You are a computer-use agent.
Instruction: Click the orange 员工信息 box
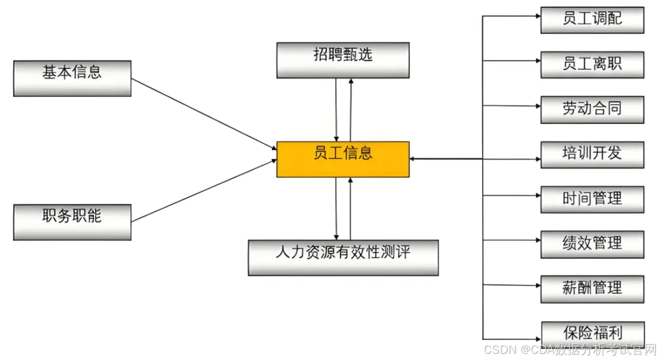(343, 159)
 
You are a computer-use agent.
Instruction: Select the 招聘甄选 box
(343, 60)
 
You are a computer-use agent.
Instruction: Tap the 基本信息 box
(72, 77)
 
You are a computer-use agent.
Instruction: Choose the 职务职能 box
(72, 221)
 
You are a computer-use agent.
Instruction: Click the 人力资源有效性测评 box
(343, 257)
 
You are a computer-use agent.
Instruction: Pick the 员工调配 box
(592, 20)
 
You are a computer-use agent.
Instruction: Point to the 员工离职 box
(592, 64)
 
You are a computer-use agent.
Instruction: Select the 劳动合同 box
(592, 109)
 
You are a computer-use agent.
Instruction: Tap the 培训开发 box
(592, 154)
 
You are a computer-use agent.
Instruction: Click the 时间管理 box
(592, 199)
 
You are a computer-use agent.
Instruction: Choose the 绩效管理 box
(592, 244)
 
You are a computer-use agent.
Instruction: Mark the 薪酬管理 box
(592, 289)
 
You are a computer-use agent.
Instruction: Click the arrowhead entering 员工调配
(537, 16)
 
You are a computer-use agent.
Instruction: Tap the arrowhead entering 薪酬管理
(537, 285)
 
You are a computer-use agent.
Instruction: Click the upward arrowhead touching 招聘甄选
(351, 81)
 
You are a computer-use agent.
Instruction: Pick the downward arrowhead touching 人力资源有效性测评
(336, 237)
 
